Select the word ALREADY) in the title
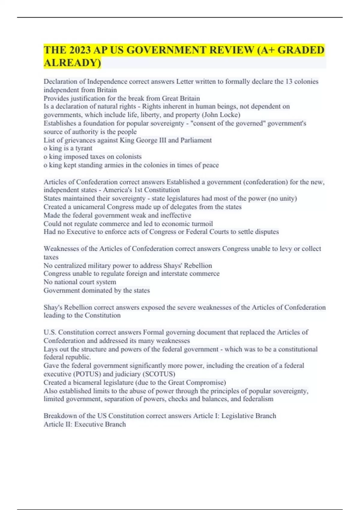(72, 63)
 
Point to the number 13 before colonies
(289, 82)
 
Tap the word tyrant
(84, 148)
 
